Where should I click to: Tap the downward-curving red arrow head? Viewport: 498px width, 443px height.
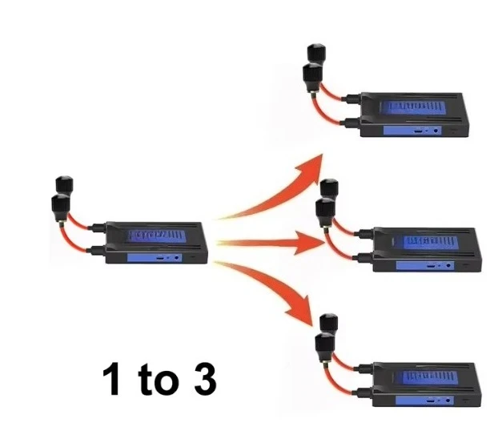pos(300,312)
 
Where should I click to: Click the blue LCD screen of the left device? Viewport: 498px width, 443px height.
pos(157,236)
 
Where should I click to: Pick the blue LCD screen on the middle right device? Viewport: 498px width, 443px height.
pos(431,242)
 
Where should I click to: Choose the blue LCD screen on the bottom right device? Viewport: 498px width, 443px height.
pos(430,377)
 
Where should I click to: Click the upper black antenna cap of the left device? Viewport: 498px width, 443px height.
pos(64,185)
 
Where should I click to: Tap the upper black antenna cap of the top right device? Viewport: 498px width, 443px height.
pos(316,53)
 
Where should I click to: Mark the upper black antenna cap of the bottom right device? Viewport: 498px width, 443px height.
pos(328,324)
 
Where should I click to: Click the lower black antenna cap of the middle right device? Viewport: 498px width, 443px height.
pos(326,209)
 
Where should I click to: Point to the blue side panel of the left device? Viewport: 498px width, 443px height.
pos(155,258)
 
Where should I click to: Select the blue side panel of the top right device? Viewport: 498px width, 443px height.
pos(412,131)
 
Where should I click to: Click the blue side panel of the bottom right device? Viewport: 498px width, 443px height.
pos(424,401)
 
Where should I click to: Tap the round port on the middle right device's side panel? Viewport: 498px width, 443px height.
pos(448,265)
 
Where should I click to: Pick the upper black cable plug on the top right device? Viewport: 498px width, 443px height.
pos(351,99)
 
